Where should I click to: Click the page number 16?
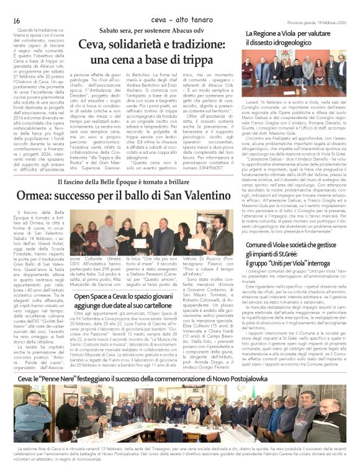tap(17, 21)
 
